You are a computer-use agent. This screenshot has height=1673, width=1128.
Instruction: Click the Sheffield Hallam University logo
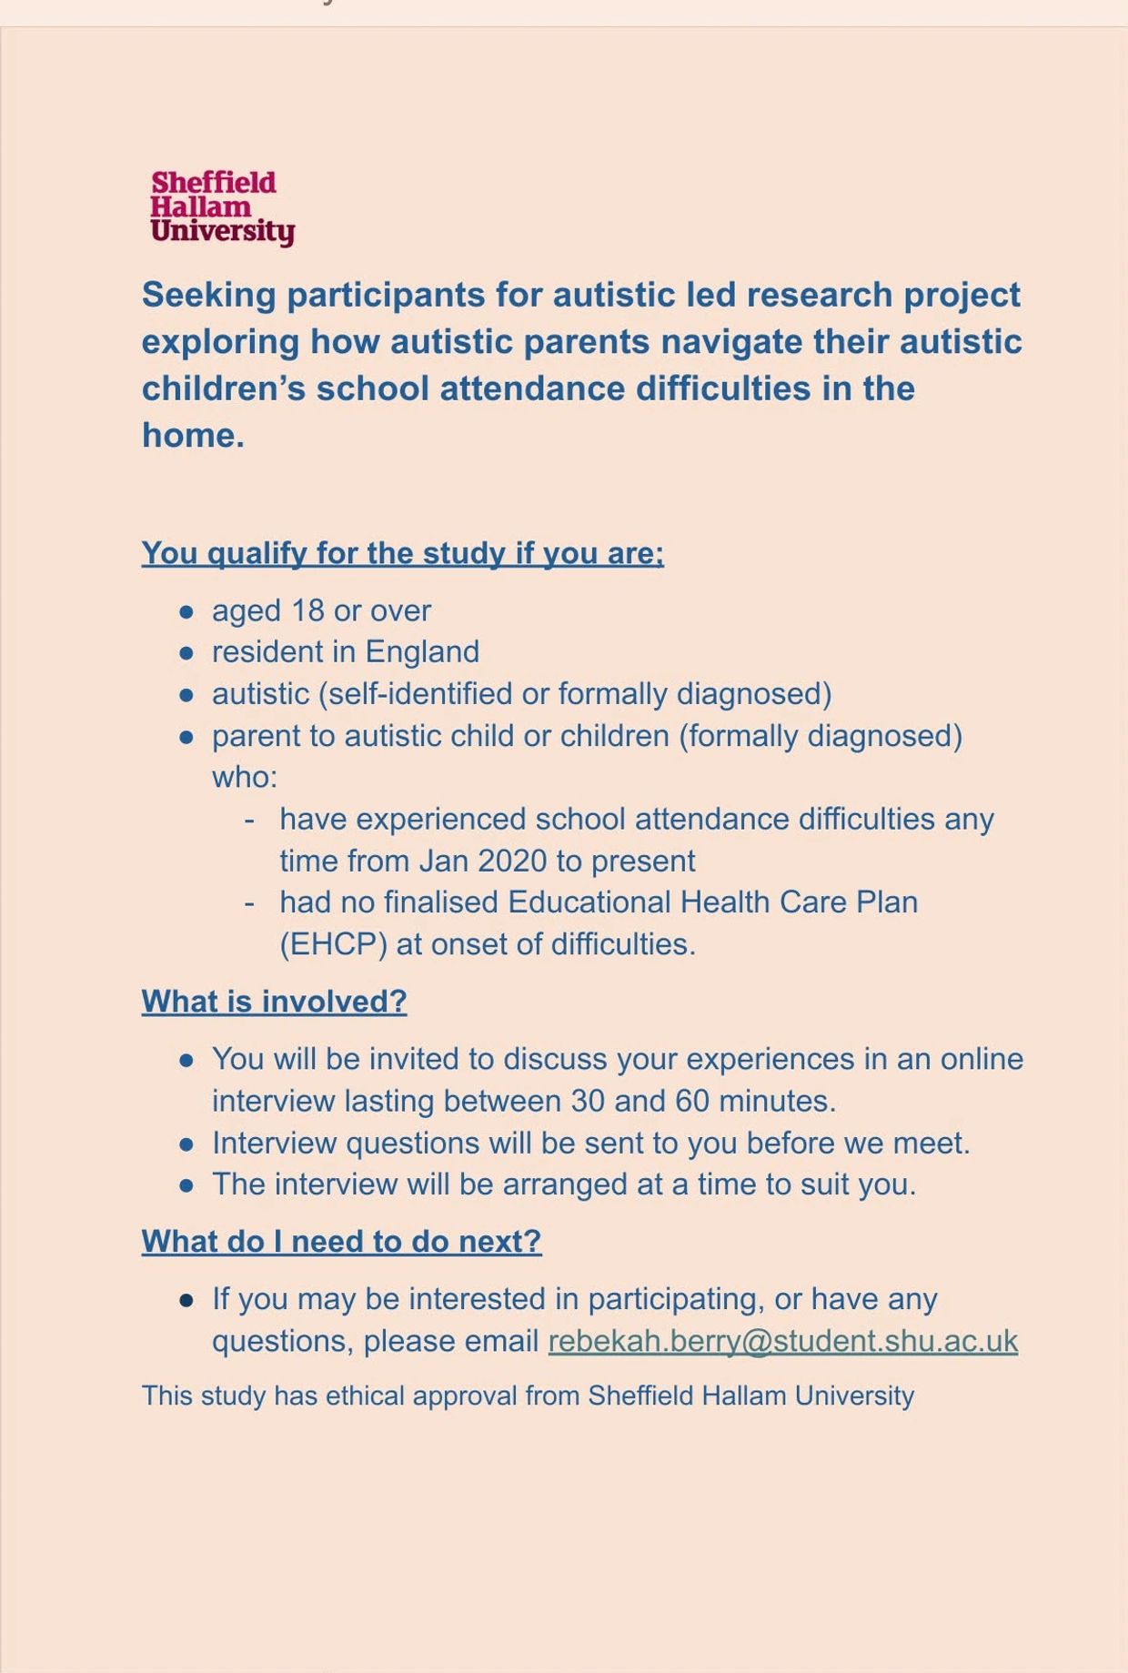point(222,207)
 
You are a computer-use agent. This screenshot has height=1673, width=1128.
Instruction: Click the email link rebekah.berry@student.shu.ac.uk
point(782,1341)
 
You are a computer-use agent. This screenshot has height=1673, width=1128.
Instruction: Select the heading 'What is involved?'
point(274,1002)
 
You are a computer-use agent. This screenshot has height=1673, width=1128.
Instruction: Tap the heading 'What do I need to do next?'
point(341,1241)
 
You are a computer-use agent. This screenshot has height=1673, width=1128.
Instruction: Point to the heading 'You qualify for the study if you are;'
point(402,553)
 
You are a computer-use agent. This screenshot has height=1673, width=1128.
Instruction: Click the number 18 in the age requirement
point(307,610)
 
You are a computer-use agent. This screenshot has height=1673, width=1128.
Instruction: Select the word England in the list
point(422,652)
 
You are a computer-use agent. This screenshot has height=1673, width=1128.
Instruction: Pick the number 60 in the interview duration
point(691,1101)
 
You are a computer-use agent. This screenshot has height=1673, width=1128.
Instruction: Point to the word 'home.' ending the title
point(193,436)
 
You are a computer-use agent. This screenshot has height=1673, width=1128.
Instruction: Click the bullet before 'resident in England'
point(186,653)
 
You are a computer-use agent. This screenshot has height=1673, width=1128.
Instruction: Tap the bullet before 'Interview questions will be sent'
point(186,1144)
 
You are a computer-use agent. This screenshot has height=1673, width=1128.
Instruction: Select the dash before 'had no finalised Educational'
point(249,902)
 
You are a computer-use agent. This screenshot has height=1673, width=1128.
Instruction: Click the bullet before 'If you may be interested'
point(186,1300)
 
